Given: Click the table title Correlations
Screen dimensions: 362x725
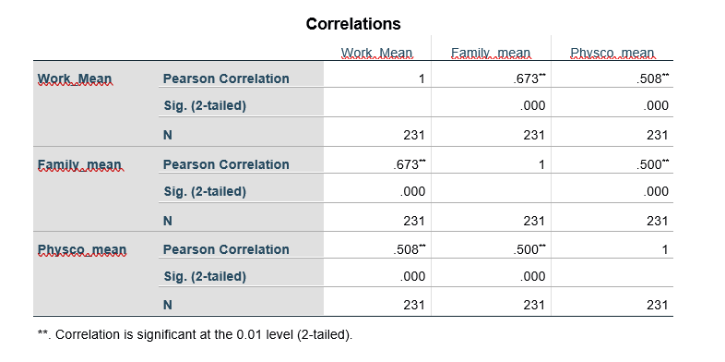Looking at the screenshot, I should click(353, 23).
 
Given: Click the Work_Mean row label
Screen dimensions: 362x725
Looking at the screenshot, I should click(74, 78).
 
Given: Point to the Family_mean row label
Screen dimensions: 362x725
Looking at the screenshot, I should click(78, 164).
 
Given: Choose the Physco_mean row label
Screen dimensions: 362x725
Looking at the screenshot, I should click(81, 249).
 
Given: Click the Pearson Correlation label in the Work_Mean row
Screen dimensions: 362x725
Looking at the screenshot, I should click(225, 78).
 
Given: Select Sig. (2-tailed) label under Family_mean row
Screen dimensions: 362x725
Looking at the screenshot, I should click(204, 192).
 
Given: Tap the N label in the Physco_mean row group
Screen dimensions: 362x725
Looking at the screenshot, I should click(167, 304).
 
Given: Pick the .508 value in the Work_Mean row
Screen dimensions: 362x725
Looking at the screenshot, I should click(650, 78).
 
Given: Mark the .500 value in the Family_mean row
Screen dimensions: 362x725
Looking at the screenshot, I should click(650, 164).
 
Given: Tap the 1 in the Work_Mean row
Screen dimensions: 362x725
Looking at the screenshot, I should click(420, 78).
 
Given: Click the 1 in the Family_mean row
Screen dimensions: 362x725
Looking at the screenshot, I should click(541, 164).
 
